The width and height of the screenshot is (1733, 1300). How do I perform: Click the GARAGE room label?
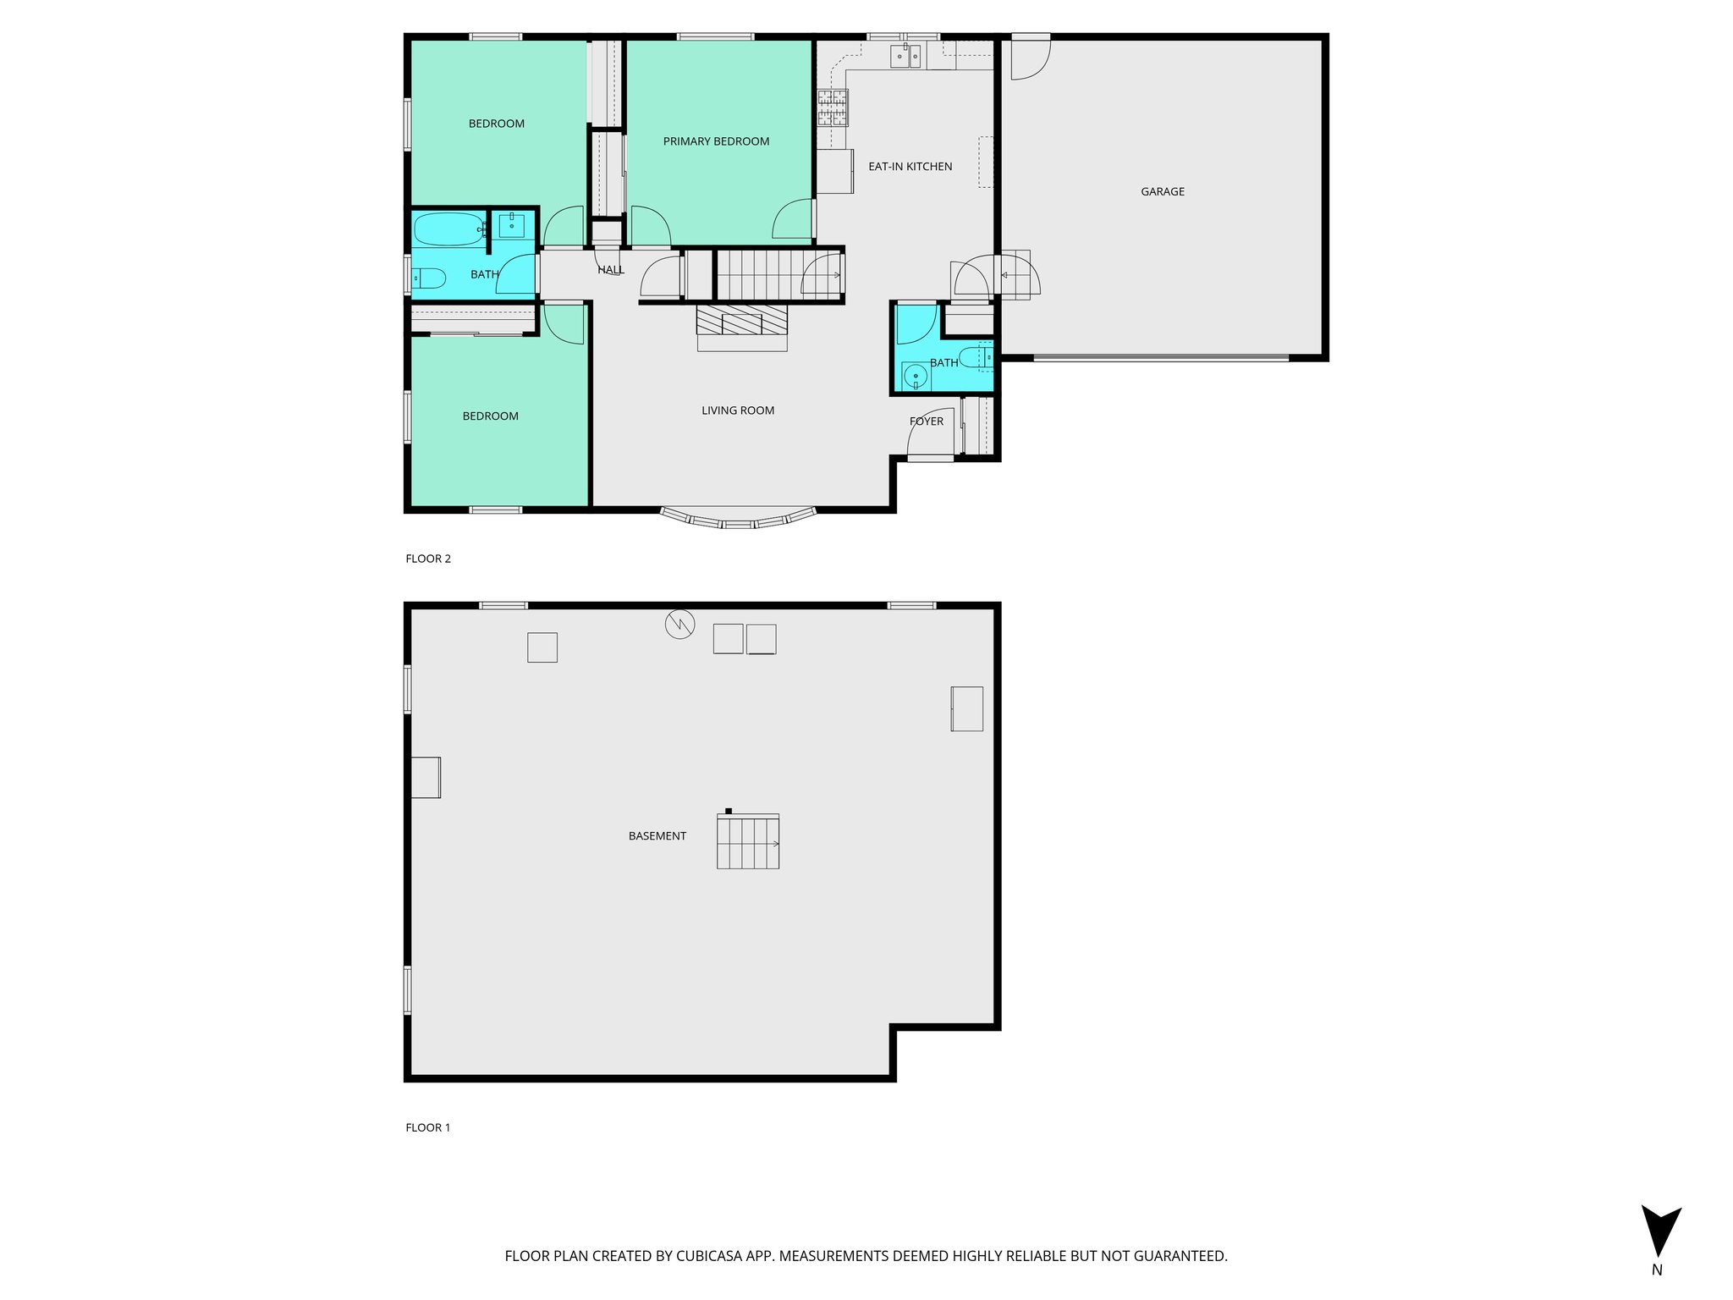tap(1162, 192)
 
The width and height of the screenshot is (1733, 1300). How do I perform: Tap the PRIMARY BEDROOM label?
tap(716, 141)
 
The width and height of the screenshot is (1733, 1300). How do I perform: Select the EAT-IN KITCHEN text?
tap(910, 167)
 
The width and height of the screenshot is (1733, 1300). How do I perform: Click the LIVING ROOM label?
tap(738, 410)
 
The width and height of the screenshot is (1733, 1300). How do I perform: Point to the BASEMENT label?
tap(657, 836)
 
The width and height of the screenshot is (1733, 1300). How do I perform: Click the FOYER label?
tap(926, 421)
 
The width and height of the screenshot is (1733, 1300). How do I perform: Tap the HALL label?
tap(610, 270)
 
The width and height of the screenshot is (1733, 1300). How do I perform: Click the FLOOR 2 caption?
tap(428, 559)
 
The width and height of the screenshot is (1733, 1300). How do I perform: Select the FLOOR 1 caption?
tap(428, 1127)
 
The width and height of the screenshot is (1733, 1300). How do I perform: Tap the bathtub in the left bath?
tap(447, 229)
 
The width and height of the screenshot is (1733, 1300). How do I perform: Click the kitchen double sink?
tap(905, 57)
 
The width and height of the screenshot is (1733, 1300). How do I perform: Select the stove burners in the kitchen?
tap(832, 108)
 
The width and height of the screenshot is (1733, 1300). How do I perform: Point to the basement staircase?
tap(748, 841)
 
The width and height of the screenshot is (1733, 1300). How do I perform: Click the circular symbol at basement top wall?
tap(679, 625)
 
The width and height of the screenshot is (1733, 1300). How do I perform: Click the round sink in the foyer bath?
tap(915, 376)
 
